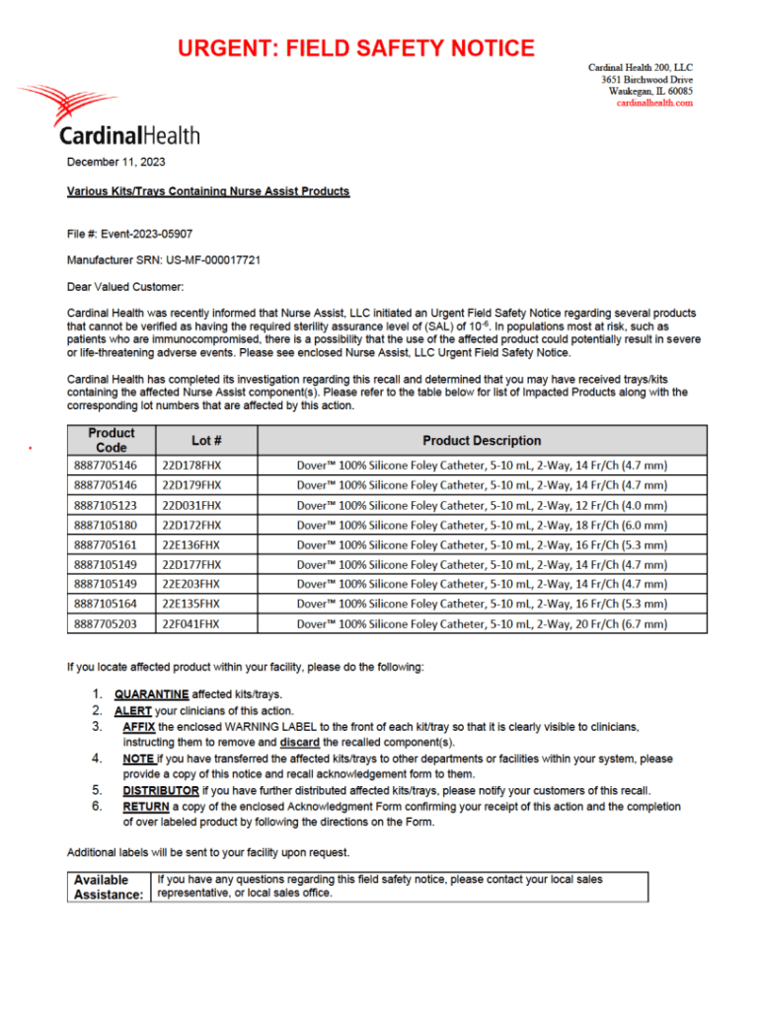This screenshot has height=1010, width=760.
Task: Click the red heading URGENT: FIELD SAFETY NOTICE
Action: click(x=356, y=48)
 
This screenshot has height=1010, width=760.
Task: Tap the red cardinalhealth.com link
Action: click(x=654, y=103)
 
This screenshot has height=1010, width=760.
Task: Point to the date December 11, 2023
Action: click(x=116, y=161)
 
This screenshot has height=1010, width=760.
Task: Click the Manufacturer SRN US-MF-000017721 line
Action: click(x=164, y=260)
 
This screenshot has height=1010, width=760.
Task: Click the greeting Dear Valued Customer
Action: click(x=125, y=287)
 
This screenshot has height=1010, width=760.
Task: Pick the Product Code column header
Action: click(x=111, y=440)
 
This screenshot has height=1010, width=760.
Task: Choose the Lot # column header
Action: click(x=206, y=440)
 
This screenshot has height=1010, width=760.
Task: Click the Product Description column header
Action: click(x=482, y=440)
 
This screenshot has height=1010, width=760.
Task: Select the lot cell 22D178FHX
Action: click(x=191, y=466)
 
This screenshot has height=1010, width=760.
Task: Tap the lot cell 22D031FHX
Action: click(x=191, y=505)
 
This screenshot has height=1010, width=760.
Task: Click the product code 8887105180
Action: click(x=106, y=525)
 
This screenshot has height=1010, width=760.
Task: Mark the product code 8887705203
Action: click(x=106, y=623)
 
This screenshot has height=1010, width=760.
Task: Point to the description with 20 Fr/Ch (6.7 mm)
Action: click(x=482, y=623)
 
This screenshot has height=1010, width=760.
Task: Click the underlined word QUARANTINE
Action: click(x=151, y=694)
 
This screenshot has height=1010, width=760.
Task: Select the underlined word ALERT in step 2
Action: click(x=133, y=710)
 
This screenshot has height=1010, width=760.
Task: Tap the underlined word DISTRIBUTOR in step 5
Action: click(x=161, y=790)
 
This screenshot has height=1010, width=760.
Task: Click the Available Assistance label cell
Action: click(x=109, y=887)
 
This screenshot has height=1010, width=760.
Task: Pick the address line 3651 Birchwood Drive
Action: click(x=646, y=79)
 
